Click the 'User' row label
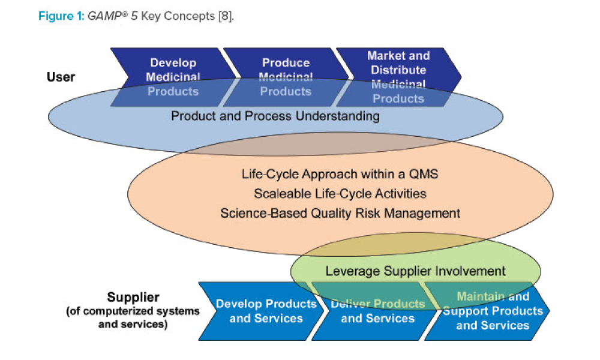[61, 77]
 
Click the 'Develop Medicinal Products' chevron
[173, 77]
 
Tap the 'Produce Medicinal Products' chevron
[286, 77]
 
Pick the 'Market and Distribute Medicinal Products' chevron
[398, 77]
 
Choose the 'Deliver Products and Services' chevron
[377, 311]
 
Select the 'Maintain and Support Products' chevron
[493, 311]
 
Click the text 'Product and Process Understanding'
[275, 115]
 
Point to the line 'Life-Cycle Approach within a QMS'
[340, 175]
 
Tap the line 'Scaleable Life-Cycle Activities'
[340, 193]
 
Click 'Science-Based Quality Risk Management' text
[340, 212]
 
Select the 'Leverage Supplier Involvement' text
[416, 271]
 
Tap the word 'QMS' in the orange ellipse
[425, 175]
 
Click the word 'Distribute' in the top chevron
[398, 70]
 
